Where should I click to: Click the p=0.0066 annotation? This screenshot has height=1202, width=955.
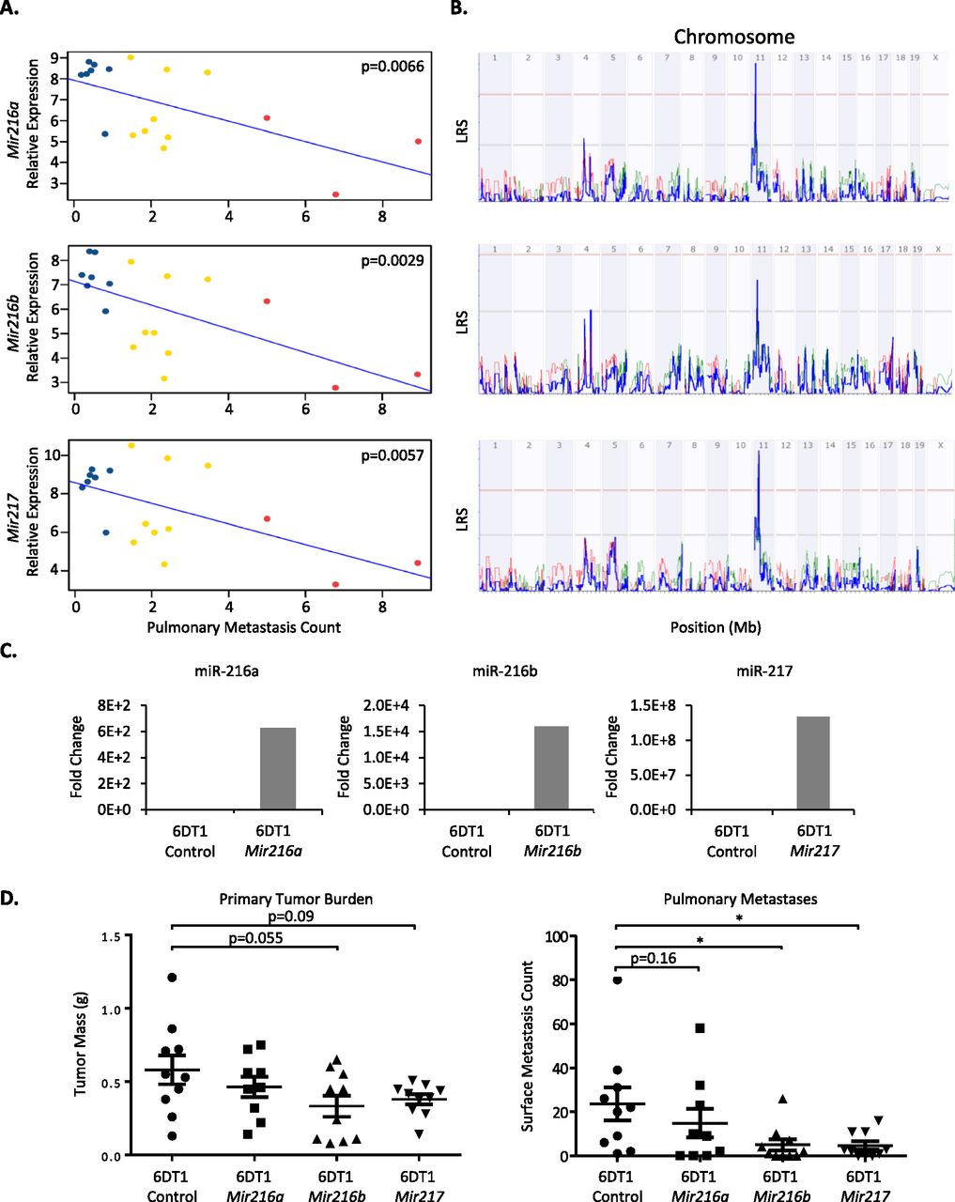(x=393, y=67)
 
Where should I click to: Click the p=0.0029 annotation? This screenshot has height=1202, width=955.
(x=393, y=260)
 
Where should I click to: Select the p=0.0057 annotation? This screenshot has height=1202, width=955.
(x=393, y=455)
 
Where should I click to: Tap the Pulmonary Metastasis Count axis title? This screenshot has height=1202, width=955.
(x=244, y=627)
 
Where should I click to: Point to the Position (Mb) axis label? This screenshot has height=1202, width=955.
(x=716, y=626)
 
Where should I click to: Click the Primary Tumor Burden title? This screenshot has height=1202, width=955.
(x=296, y=899)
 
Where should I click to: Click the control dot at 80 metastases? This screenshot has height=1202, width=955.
(x=617, y=980)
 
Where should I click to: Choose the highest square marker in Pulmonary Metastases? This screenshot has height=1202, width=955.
(x=700, y=1028)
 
